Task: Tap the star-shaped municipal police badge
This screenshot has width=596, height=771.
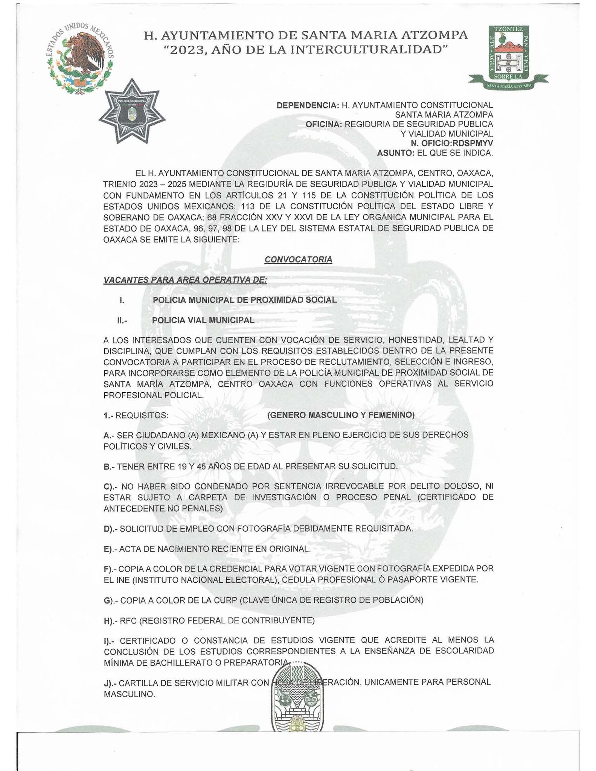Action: [x=132, y=111]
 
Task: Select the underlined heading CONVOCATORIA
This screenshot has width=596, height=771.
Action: [x=298, y=259]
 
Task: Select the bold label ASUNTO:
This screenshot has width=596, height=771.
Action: [x=395, y=153]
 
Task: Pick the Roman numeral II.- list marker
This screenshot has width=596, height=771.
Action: [x=122, y=320]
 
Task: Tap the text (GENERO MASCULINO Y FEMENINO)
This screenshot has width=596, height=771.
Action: [x=341, y=415]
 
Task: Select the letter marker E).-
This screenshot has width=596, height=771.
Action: [x=111, y=549]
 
